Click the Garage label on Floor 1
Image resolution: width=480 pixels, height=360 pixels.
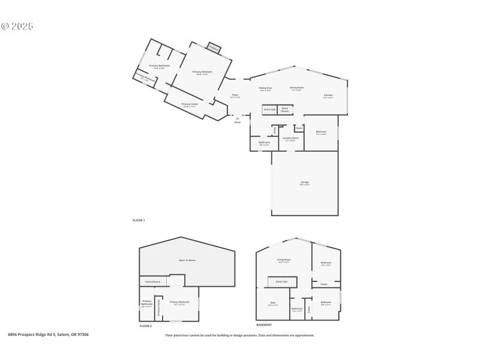click(x=305, y=183)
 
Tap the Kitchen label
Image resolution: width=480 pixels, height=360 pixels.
click(x=328, y=96)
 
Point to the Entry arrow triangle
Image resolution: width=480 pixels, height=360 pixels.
click(x=238, y=118)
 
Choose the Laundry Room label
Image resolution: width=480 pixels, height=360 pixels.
click(x=290, y=139)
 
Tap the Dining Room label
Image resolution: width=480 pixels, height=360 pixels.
click(x=297, y=88)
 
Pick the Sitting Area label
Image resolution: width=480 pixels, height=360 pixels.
click(x=265, y=89)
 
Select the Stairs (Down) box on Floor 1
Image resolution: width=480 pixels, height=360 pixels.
click(x=285, y=110)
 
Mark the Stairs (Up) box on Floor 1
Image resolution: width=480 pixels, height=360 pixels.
click(x=269, y=110)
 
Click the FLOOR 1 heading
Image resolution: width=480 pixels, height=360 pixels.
click(x=139, y=220)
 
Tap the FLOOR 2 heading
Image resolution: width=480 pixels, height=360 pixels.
click(x=146, y=326)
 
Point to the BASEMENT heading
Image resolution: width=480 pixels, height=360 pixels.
click(x=265, y=325)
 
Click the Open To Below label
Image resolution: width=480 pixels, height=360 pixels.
click(x=187, y=260)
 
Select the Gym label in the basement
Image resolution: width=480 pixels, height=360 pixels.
click(x=273, y=303)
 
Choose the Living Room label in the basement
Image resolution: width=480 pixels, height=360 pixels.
click(x=283, y=260)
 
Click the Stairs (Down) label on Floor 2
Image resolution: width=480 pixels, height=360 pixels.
click(x=153, y=281)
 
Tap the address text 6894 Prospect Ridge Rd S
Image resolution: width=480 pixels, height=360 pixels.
click(x=48, y=334)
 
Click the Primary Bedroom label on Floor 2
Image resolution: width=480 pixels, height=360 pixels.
click(x=179, y=302)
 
